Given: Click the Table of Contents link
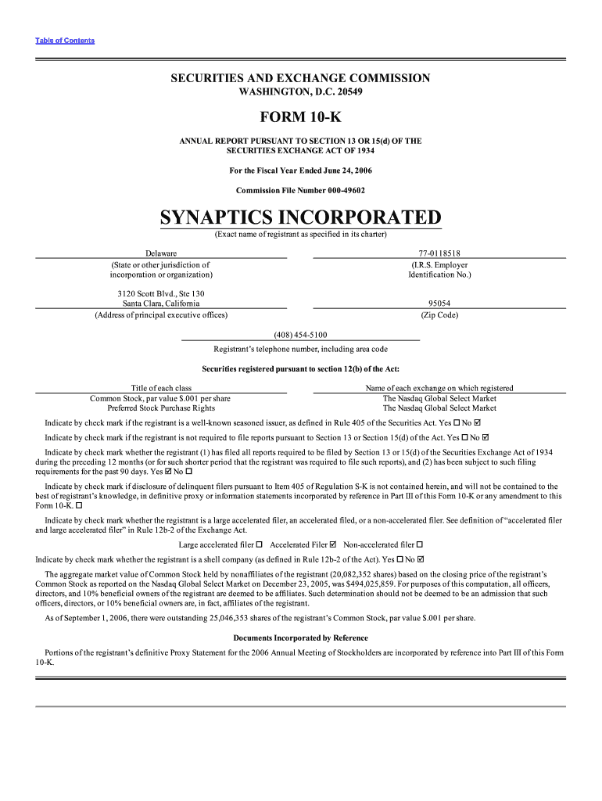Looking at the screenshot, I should coord(65,41).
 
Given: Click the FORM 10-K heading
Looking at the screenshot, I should coord(300,118).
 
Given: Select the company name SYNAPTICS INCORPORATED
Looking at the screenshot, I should coord(300,217).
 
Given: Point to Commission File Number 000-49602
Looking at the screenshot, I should coord(300,190).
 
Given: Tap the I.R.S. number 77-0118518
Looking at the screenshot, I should coord(439,253).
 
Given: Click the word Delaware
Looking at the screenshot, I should coord(161,253).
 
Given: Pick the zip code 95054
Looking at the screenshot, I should coord(439,304).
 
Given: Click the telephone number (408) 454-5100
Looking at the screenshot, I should coord(300,335).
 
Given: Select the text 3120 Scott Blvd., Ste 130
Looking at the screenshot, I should coord(161,293).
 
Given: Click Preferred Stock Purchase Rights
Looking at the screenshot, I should coord(161,408).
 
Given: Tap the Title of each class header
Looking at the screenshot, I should coord(161,388).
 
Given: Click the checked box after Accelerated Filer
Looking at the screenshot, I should coord(334,544).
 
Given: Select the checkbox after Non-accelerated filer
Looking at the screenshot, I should coord(420,544).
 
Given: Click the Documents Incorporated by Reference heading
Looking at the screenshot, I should coord(300,638).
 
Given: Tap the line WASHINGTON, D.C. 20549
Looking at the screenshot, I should coord(300,92).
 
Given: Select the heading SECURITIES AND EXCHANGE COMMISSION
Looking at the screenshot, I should coord(300,78).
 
